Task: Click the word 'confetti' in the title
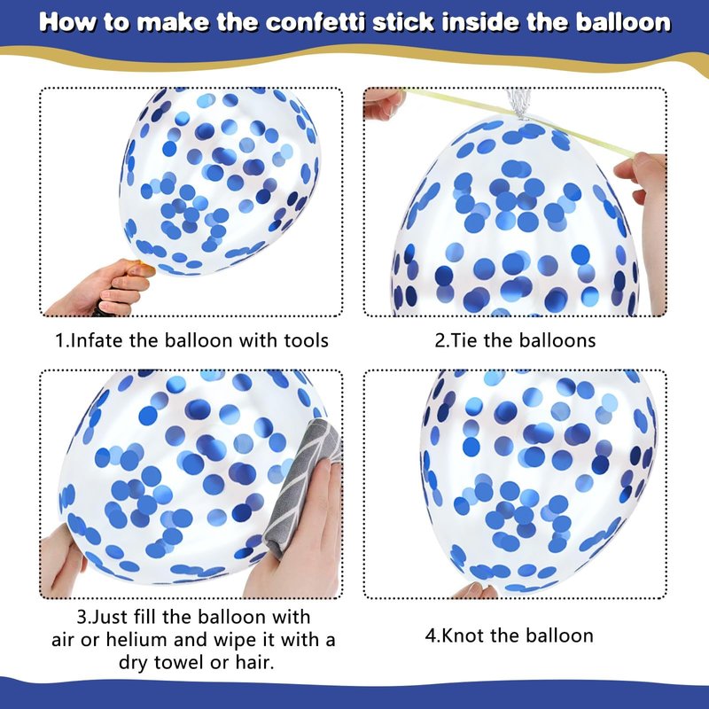pos(316,22)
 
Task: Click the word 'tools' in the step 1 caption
pos(306,340)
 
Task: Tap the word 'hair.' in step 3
pos(254,662)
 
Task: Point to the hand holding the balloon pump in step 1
pos(102,286)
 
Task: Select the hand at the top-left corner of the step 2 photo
pos(382,103)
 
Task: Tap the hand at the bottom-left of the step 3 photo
pos(62,562)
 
